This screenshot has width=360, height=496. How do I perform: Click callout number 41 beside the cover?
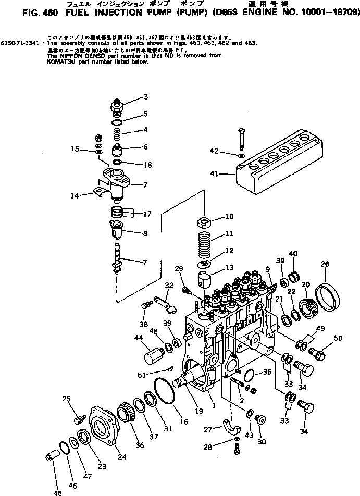click(214, 173)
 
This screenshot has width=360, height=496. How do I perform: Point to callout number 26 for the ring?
click(326, 264)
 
